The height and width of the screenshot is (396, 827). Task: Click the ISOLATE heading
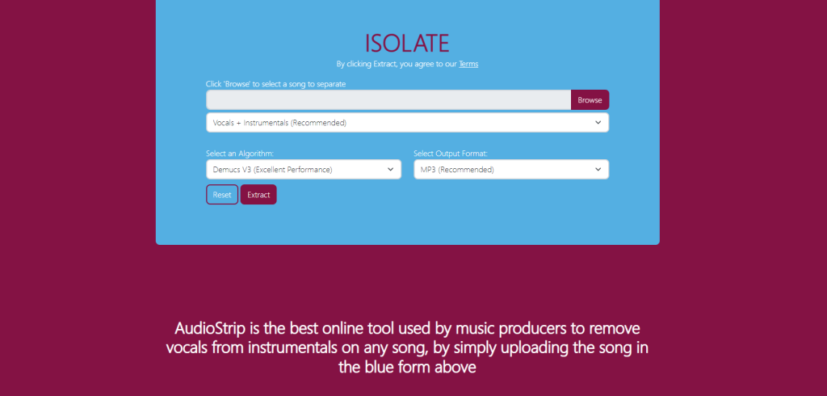[x=407, y=44]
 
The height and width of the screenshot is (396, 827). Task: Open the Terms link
[x=468, y=64]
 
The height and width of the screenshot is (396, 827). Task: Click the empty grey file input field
[x=388, y=99]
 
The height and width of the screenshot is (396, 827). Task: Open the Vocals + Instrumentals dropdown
[x=407, y=123]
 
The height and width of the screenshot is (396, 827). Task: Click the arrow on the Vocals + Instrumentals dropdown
[x=598, y=123]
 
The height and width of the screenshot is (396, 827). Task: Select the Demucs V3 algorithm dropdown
[x=304, y=170]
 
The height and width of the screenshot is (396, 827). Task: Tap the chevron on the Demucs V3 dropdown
[x=390, y=170]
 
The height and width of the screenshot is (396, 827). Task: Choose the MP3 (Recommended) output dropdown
[x=511, y=170]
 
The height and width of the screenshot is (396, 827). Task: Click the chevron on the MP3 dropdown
[x=598, y=170]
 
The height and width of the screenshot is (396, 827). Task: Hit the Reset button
[x=222, y=194]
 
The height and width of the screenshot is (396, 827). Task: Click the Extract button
[x=258, y=194]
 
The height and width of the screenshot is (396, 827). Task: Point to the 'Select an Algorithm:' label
[x=240, y=154]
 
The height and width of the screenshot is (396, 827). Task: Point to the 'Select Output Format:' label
[x=451, y=154]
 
